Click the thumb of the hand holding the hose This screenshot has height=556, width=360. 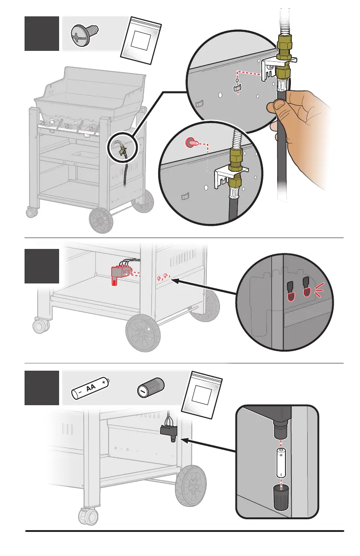tap(279, 107)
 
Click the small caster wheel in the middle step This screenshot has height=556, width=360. tap(40, 326)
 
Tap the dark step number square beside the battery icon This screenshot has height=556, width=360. tap(42, 387)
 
